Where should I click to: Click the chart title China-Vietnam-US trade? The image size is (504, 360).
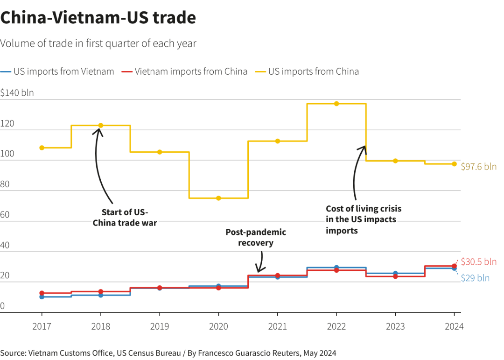tap(98, 18)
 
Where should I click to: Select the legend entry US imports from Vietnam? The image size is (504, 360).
tap(63, 71)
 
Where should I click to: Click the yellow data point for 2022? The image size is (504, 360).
tap(336, 104)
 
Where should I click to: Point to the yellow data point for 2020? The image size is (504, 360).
tap(218, 198)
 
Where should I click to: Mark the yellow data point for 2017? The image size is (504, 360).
tap(42, 148)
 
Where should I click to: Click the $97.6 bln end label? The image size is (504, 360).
tap(478, 167)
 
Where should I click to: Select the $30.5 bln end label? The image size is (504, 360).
tap(478, 261)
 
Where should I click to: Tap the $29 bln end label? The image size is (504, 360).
tap(475, 278)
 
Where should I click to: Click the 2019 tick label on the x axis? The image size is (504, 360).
tap(160, 326)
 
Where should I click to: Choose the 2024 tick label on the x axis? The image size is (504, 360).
tap(454, 326)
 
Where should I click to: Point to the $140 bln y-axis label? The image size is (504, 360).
tap(17, 93)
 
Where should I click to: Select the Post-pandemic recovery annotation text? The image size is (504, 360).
tap(256, 237)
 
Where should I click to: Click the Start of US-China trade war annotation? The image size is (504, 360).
tap(125, 217)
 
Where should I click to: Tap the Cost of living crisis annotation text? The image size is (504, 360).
tap(363, 219)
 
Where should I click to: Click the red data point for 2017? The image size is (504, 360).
tap(42, 293)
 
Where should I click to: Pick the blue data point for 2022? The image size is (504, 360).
tap(336, 268)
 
